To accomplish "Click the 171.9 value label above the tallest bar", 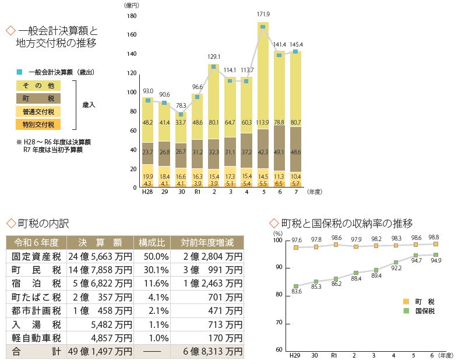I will coord(263,13).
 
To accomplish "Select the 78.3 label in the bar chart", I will coord(181,105).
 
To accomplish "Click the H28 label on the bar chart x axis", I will coord(147,192).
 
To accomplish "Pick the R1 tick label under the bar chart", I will coord(198,192).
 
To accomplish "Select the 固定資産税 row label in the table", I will coord(33,256).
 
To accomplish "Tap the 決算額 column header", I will coord(100,242).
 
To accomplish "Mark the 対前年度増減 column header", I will coord(207,242).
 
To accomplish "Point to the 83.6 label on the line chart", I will coord(296,291).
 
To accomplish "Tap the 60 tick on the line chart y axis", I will coord(278,350).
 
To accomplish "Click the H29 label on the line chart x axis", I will coord(296,355).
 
